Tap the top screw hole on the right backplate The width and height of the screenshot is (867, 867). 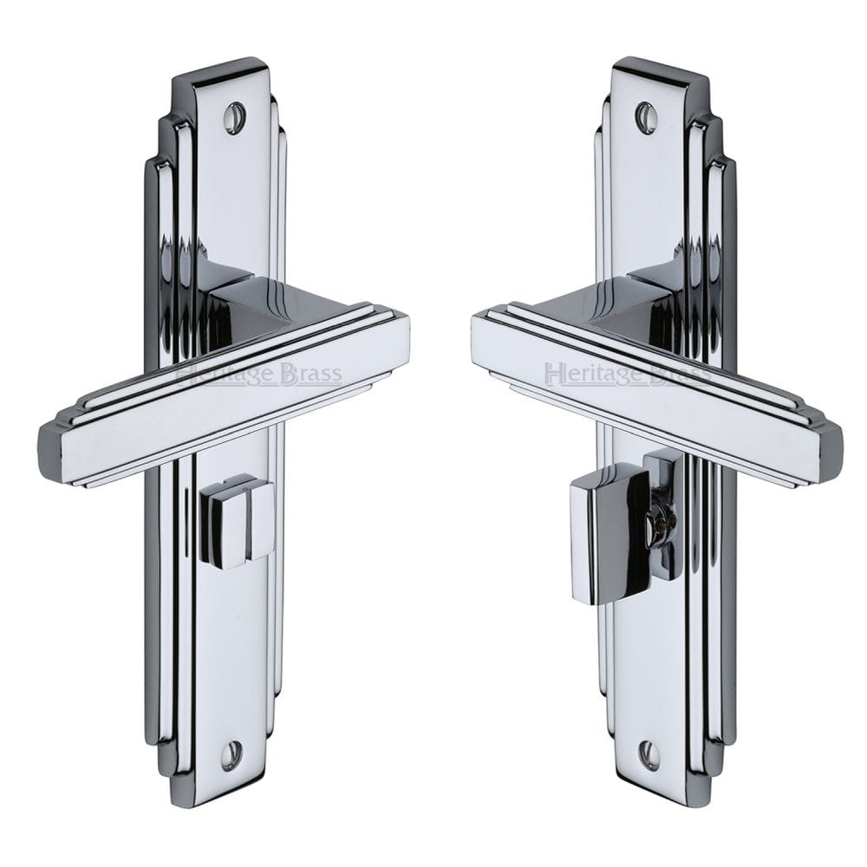coord(645,116)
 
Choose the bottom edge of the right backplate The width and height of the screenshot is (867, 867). coord(654,797)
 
